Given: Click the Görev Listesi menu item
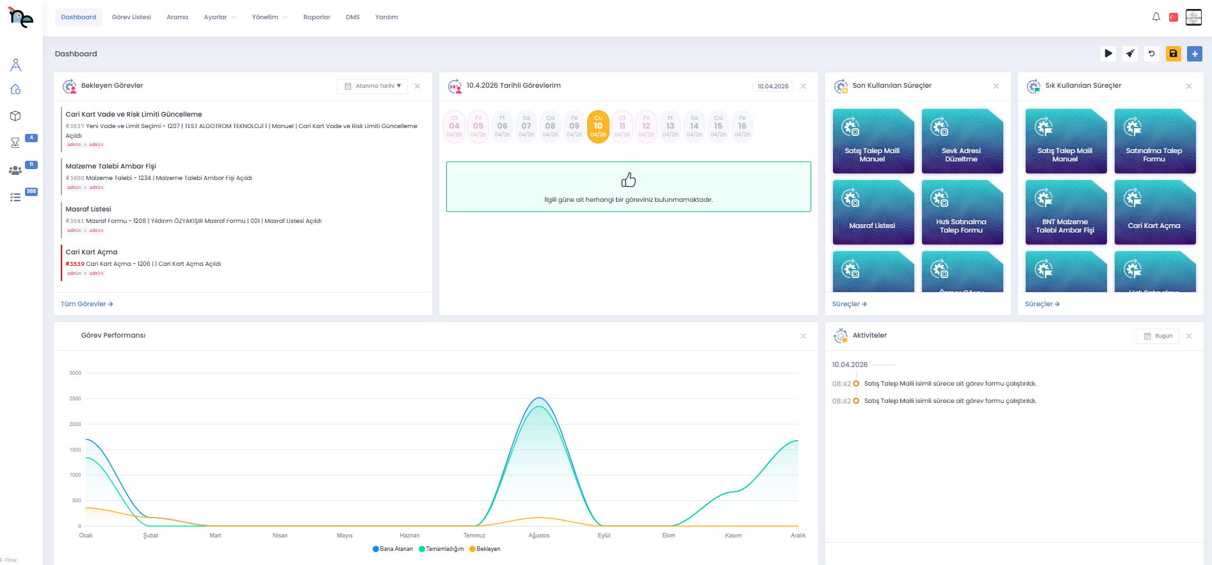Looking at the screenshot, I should tap(131, 17).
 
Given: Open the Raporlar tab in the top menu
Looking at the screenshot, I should tap(316, 17).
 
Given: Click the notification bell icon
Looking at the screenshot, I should tap(1156, 17).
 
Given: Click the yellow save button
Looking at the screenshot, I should tap(1173, 54).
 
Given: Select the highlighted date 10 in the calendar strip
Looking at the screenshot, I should tap(598, 126).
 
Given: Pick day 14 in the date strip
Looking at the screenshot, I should tap(694, 126).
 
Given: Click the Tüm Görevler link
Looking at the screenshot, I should tap(86, 304).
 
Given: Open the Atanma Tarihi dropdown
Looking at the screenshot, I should tap(372, 86).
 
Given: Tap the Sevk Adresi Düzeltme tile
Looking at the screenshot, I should tap(962, 141).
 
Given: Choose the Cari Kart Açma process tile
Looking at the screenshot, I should tap(1154, 212).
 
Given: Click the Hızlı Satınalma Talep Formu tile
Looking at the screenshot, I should tap(962, 212).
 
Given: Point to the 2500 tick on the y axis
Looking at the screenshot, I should tap(75, 398).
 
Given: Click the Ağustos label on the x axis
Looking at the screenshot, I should tap(538, 536).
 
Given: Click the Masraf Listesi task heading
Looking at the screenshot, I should tap(88, 209).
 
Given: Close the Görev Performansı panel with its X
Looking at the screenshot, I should tap(803, 336).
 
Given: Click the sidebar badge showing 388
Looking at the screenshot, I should tap(31, 192).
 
